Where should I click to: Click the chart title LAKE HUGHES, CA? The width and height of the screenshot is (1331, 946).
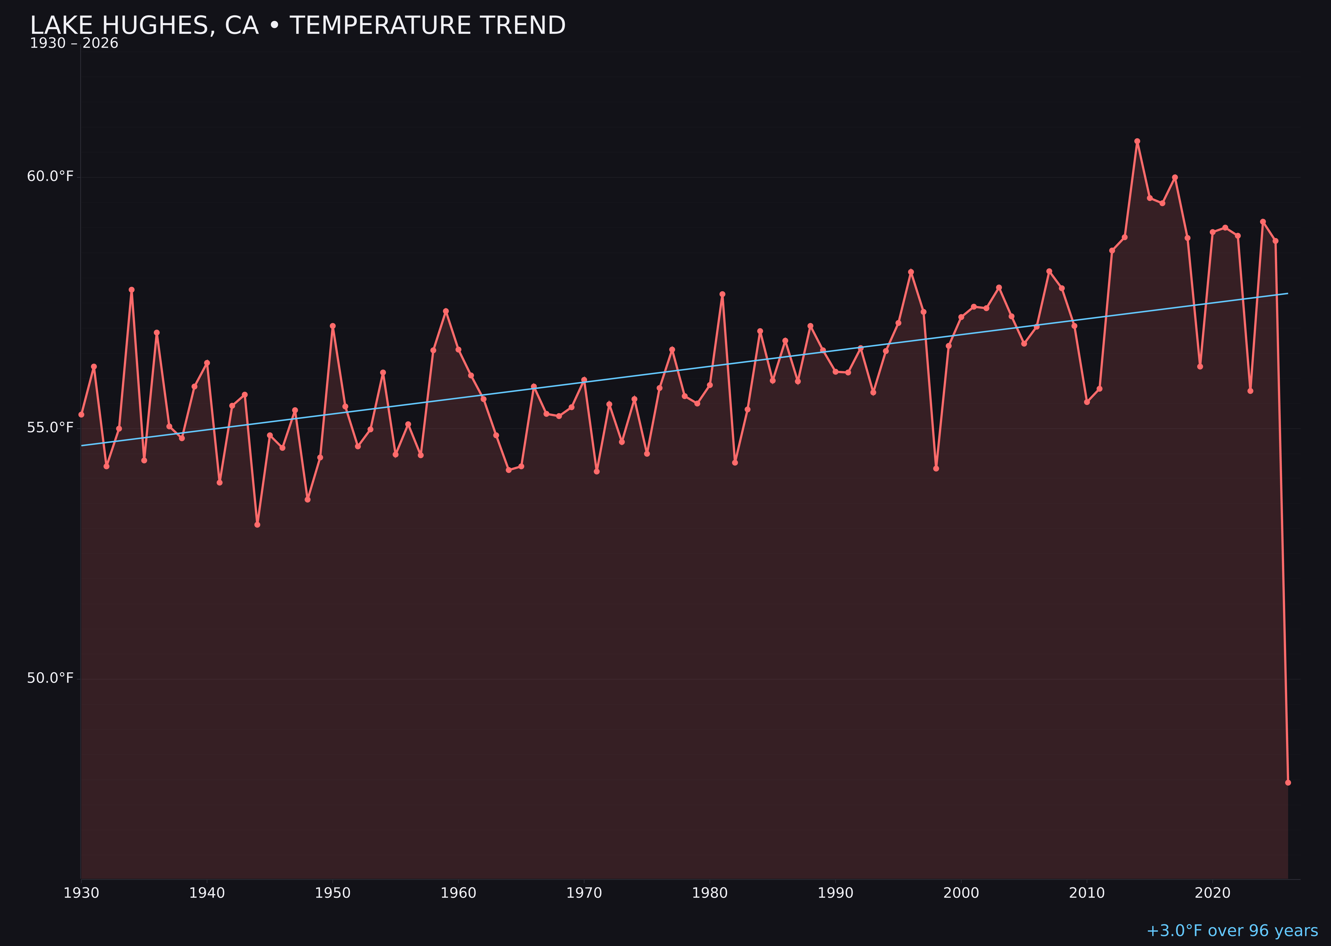pos(297,26)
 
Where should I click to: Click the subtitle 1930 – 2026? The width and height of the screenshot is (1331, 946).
pos(74,44)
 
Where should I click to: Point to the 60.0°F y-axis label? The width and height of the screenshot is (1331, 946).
pos(50,176)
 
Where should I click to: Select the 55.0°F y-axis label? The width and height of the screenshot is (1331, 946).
pos(50,427)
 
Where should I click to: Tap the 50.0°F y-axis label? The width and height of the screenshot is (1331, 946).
pos(50,678)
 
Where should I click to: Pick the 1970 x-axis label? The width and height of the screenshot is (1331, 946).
pos(584,893)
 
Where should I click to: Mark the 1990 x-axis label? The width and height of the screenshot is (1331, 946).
pos(835,893)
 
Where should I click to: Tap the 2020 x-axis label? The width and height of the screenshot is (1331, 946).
pos(1212,893)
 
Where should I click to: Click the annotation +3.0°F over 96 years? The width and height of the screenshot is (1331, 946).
pos(1232,931)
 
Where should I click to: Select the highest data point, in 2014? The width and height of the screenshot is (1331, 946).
pos(1137,141)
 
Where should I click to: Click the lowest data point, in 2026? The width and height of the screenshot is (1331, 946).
pos(1288,782)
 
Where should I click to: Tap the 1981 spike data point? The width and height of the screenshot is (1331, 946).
pos(722,294)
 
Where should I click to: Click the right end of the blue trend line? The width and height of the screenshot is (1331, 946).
pos(1287,294)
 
